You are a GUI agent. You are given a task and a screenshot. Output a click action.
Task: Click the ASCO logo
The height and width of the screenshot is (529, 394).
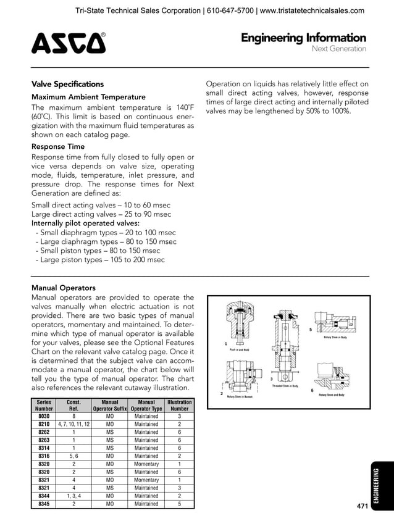click(x=68, y=43)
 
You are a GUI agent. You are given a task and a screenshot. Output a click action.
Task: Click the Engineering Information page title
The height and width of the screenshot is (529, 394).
click(x=303, y=38)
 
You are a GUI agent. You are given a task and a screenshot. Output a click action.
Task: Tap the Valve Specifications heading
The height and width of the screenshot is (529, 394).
click(x=67, y=84)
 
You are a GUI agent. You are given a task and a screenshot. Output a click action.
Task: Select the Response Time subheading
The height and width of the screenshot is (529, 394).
click(x=58, y=147)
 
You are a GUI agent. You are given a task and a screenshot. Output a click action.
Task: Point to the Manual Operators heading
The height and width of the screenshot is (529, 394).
click(x=63, y=288)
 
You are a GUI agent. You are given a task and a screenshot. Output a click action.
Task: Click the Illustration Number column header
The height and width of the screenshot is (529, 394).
click(x=180, y=405)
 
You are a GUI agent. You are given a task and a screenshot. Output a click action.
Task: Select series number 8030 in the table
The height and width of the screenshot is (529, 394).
click(x=44, y=416)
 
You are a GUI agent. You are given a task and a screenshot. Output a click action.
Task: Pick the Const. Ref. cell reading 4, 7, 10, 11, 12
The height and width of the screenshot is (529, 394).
click(x=73, y=424)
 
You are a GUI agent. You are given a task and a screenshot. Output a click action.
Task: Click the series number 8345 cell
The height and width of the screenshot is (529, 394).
click(x=44, y=504)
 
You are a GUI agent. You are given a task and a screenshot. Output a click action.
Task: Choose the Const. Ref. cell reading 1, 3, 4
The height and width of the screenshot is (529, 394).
click(x=73, y=496)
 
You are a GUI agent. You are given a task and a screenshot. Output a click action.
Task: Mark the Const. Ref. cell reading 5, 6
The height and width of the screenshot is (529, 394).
click(x=73, y=456)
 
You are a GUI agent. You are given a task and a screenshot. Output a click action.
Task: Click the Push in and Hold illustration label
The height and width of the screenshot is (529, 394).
click(x=238, y=350)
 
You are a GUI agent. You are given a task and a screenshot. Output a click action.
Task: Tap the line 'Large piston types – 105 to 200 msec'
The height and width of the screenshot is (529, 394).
click(x=101, y=260)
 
